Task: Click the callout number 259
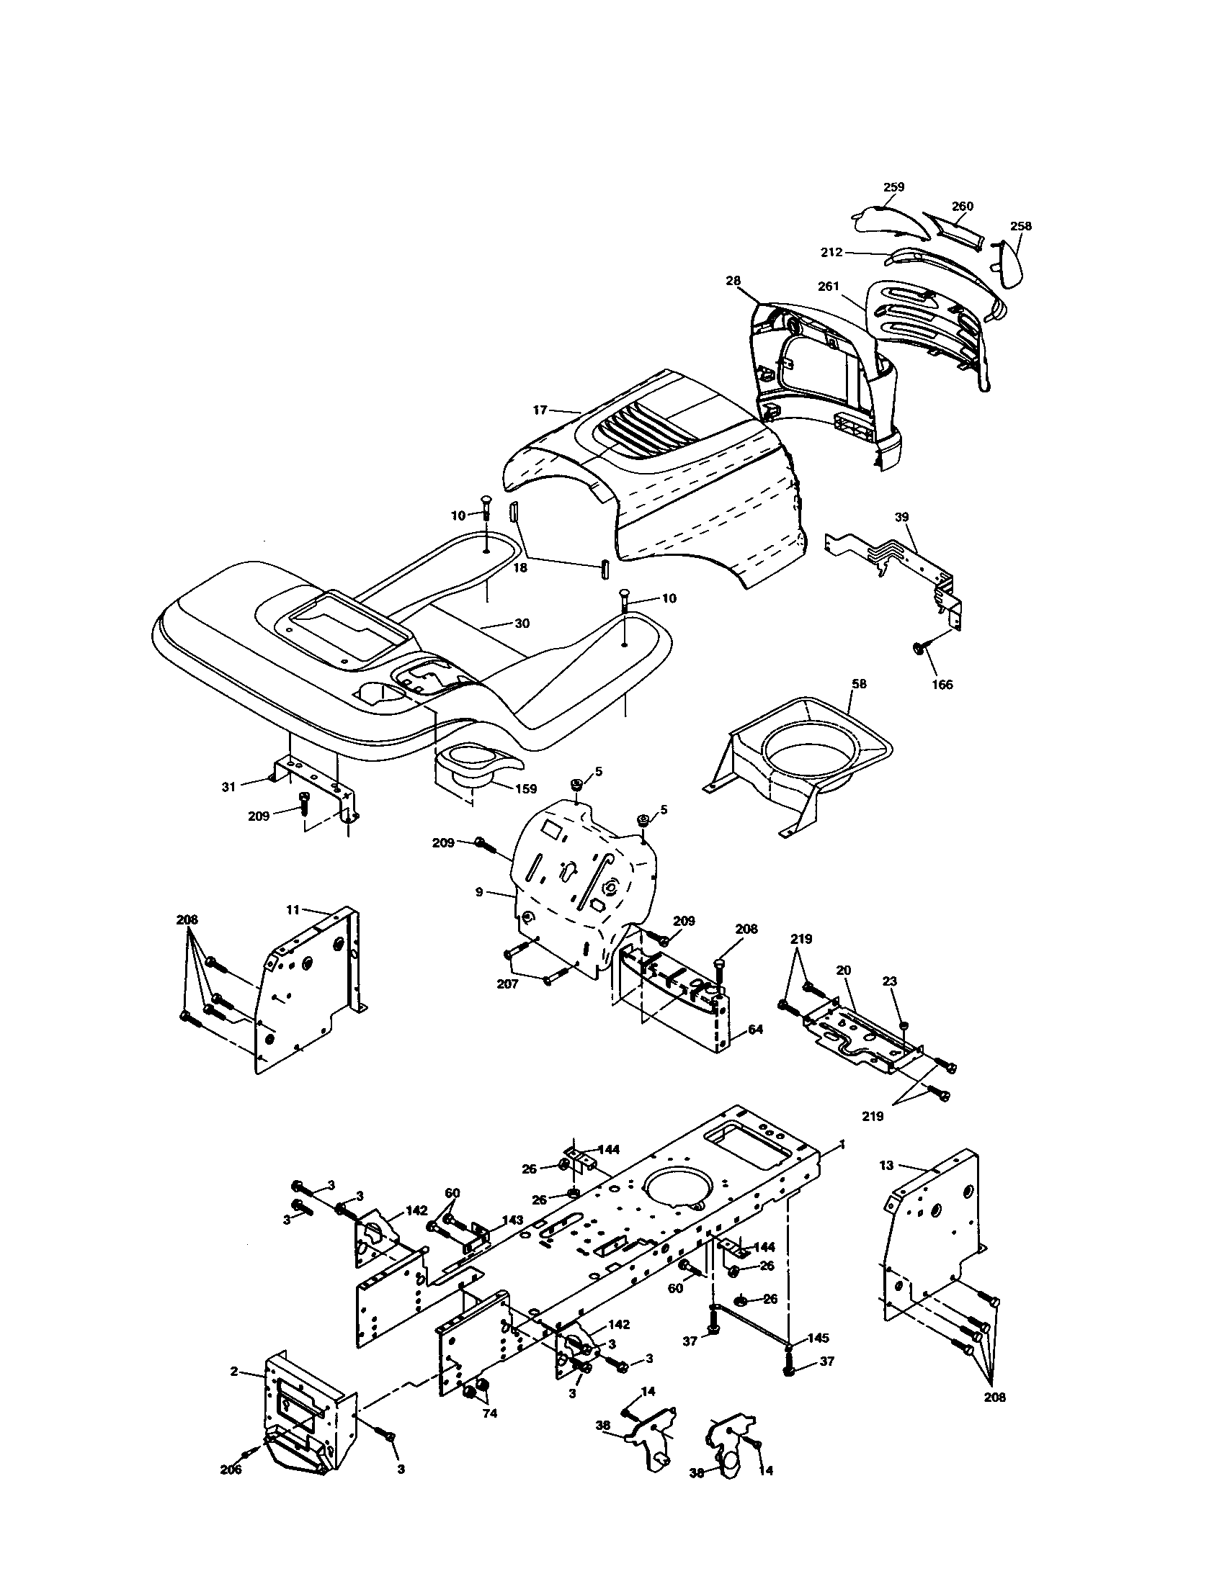[893, 187]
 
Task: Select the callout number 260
[962, 207]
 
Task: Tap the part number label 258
[1020, 226]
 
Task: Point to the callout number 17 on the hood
[540, 410]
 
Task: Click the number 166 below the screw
[942, 684]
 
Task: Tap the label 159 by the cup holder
[525, 788]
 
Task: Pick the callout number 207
[507, 985]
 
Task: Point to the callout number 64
[755, 1028]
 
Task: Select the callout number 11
[293, 909]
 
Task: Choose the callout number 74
[490, 1413]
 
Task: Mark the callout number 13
[886, 1165]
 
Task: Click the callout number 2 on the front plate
[234, 1371]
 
